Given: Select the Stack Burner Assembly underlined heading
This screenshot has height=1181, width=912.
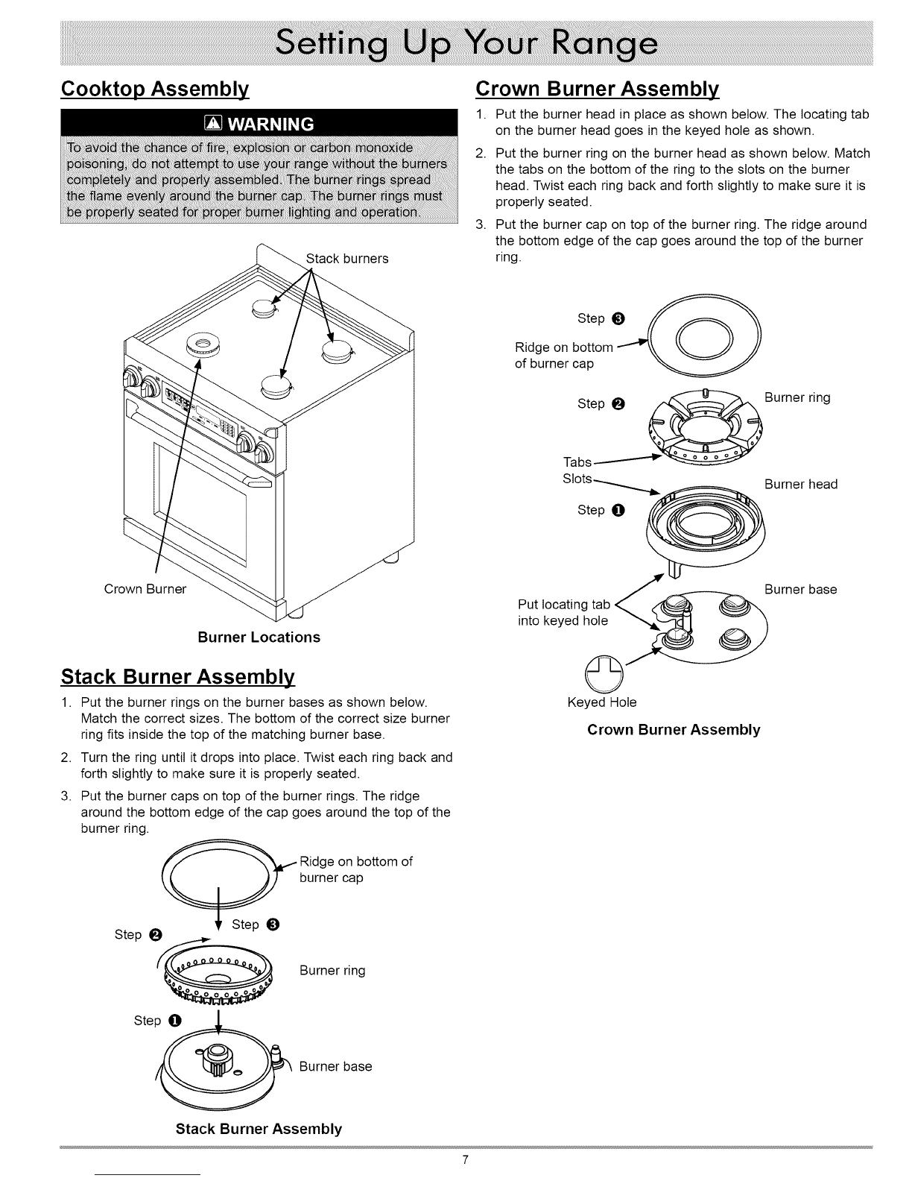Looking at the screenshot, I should [178, 678].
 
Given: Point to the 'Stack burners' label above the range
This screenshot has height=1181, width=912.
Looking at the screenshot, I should [347, 259].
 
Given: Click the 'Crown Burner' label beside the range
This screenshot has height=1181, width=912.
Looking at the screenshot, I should [145, 589].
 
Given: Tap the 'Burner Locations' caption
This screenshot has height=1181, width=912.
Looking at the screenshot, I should [259, 637].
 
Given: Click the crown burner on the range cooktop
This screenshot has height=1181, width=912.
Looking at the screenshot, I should [200, 345].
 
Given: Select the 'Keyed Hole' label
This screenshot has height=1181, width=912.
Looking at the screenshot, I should [602, 702].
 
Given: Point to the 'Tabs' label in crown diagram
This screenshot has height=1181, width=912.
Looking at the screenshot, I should [577, 462].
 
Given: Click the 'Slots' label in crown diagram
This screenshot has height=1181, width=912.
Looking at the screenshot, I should [578, 479].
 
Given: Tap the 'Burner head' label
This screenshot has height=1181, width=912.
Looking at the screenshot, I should [801, 485].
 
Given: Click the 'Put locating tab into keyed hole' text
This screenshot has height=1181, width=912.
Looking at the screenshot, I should [564, 612].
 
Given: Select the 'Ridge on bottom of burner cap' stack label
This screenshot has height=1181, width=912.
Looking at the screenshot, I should [355, 869].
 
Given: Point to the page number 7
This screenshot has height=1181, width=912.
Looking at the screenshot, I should [465, 1159].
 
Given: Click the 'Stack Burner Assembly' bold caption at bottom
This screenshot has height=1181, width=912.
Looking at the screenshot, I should [259, 1128].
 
